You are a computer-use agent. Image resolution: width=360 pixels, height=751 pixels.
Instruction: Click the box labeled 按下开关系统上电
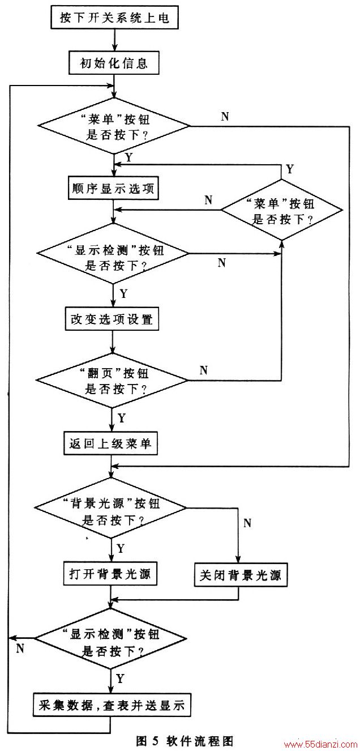coord(114,17)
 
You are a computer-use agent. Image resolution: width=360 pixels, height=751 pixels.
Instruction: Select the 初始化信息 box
coord(114,63)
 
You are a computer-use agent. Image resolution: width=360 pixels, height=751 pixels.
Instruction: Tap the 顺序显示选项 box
coord(113,188)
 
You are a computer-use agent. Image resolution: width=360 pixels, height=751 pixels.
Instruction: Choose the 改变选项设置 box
coord(112,318)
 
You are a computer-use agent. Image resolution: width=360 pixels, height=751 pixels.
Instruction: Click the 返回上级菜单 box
coord(110,443)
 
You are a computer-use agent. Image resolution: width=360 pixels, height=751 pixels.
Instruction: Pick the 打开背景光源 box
coord(110,574)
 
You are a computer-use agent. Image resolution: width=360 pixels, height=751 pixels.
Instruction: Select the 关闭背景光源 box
coord(241,575)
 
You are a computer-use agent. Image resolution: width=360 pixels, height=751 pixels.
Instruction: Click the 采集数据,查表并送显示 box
coord(112,705)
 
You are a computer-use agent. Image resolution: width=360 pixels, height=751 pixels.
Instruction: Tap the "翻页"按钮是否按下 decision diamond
coord(112,381)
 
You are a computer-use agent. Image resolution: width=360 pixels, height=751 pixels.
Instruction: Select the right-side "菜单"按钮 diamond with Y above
coord(282,210)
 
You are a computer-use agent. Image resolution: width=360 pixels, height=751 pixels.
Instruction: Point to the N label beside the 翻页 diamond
coord(203,370)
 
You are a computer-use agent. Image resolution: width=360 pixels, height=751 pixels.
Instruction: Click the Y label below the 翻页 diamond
coord(121,418)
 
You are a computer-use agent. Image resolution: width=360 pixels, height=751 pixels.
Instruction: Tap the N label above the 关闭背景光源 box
coord(247,523)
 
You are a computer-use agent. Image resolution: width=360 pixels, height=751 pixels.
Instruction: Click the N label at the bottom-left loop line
coord(20,648)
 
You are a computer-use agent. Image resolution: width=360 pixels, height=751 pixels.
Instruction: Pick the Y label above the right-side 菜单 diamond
coord(290,169)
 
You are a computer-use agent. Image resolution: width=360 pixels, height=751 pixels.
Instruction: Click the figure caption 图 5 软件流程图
coord(185,741)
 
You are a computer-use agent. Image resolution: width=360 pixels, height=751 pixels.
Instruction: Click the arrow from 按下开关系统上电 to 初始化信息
coord(114,40)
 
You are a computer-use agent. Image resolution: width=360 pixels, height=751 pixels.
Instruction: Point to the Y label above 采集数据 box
coord(120,679)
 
